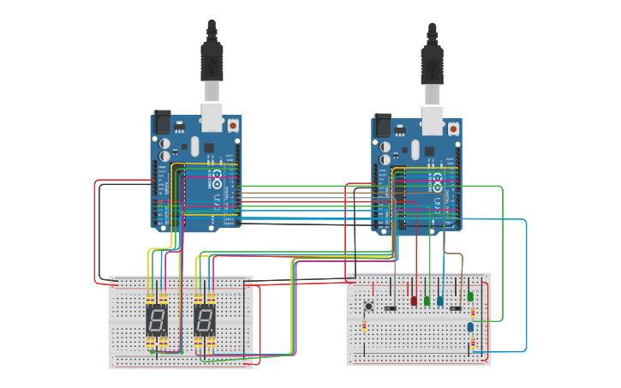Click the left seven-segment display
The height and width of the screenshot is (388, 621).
(x=157, y=322)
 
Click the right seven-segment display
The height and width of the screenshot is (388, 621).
(x=205, y=322)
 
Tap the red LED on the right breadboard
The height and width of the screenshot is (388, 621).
(x=414, y=301)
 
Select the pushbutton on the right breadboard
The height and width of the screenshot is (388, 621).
(x=370, y=306)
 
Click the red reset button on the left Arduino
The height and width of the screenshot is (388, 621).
(x=235, y=126)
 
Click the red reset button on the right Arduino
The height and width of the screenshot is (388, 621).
(x=453, y=128)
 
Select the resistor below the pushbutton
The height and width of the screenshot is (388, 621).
(x=366, y=326)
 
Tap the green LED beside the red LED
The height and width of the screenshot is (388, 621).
(x=427, y=301)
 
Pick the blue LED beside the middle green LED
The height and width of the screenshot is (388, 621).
(x=440, y=301)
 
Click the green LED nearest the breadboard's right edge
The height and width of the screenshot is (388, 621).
(x=470, y=296)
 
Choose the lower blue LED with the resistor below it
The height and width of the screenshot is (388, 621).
(x=470, y=326)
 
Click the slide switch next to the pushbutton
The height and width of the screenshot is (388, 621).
(x=390, y=308)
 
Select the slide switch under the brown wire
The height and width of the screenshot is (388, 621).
(x=456, y=308)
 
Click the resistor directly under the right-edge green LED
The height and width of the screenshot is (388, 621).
(x=470, y=311)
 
